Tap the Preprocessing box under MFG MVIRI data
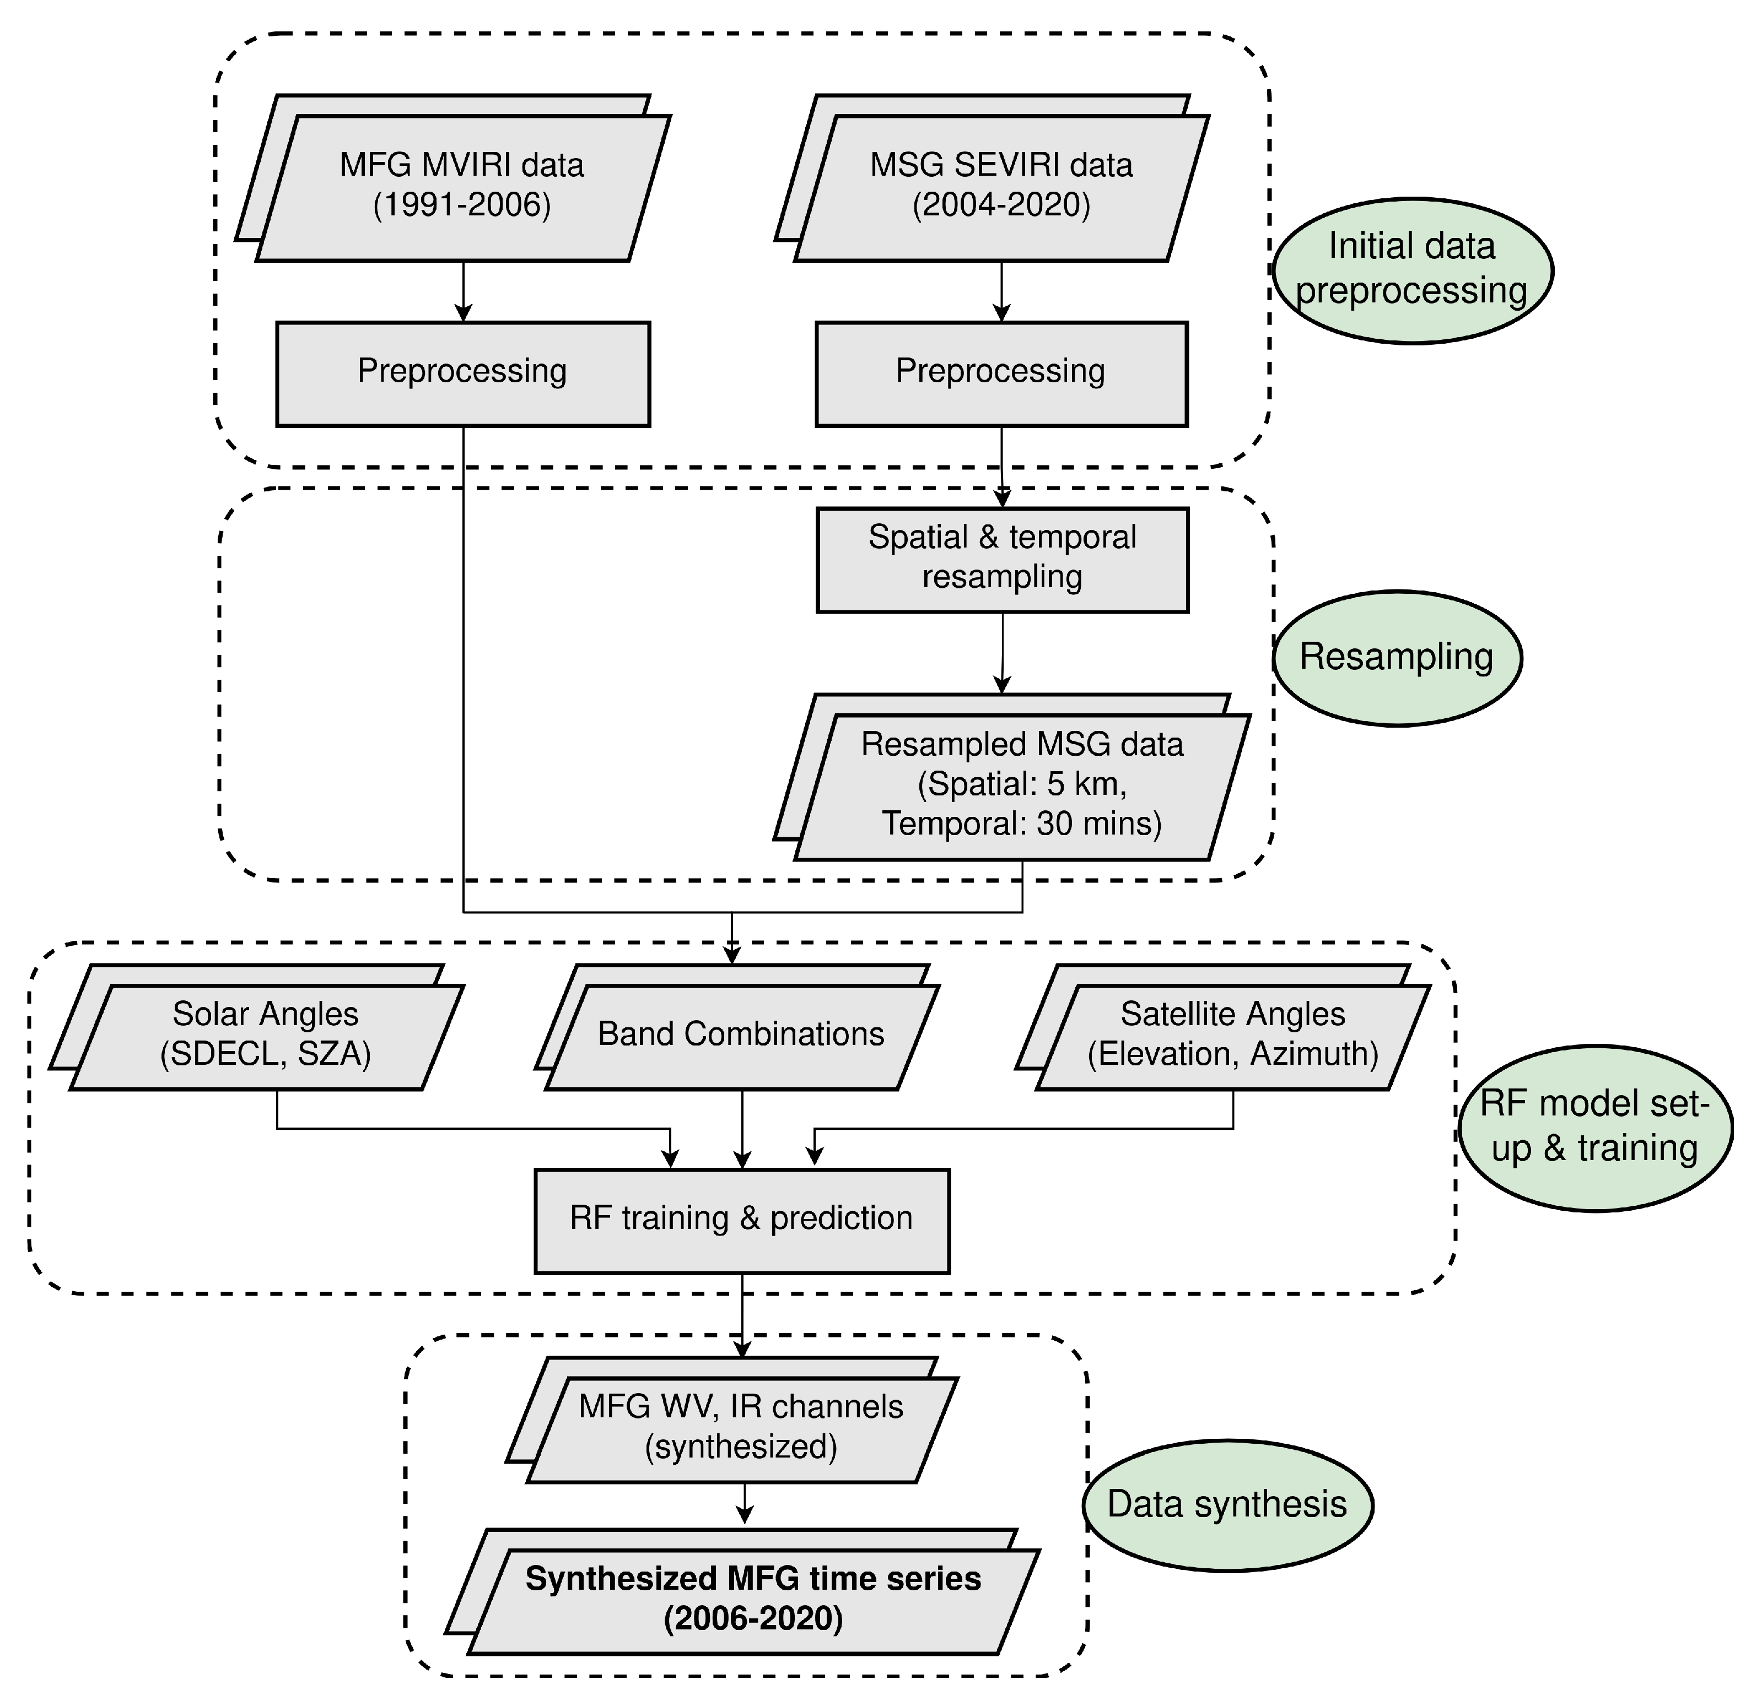pyautogui.click(x=462, y=373)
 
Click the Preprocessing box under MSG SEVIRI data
pyautogui.click(x=1001, y=373)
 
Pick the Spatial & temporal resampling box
pyautogui.click(x=1002, y=559)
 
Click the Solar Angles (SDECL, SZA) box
pyautogui.click(x=266, y=1036)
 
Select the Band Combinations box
pyautogui.click(x=741, y=1036)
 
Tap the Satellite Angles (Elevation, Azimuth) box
pyautogui.click(x=1232, y=1036)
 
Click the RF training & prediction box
pyautogui.click(x=741, y=1220)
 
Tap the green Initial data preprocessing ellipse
pyautogui.click(x=1411, y=270)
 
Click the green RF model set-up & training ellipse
pyautogui.click(x=1594, y=1128)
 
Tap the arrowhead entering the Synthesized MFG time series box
pyautogui.click(x=743, y=1515)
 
